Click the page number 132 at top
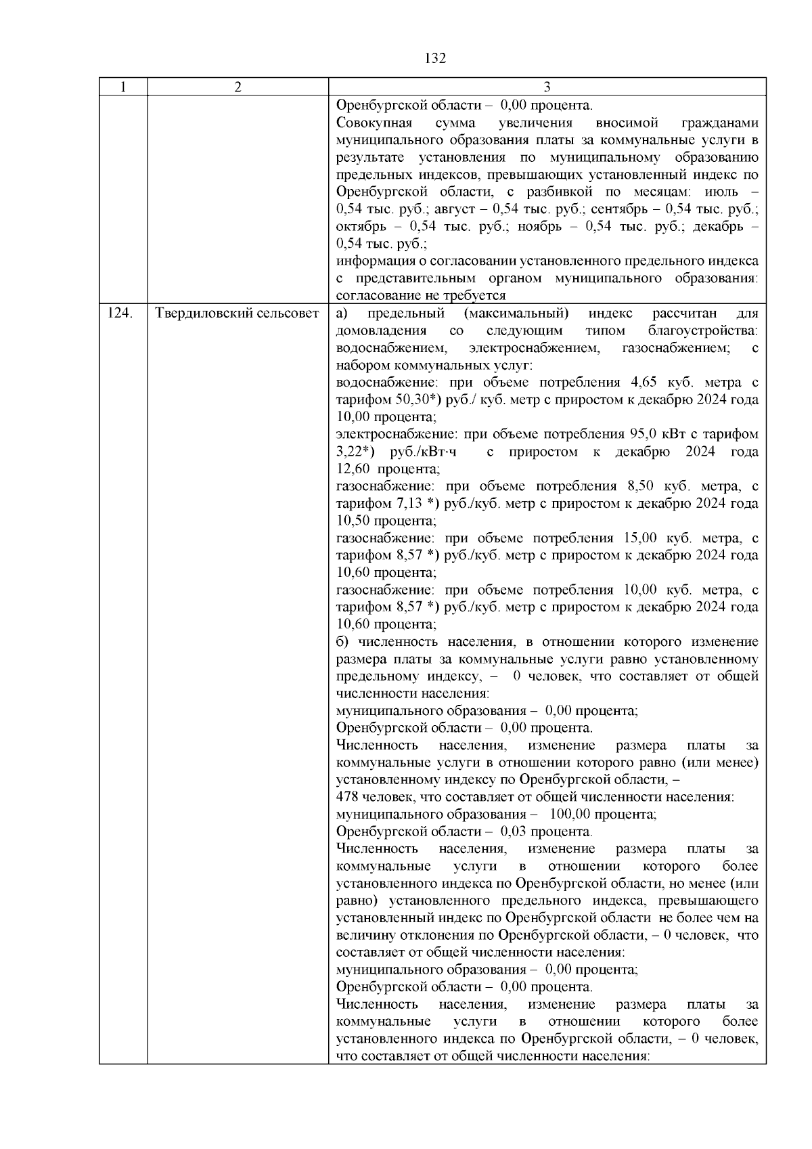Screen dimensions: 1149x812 [436, 58]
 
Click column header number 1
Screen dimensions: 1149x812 [123, 87]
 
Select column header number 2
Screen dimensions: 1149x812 [238, 87]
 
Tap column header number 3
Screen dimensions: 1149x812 [547, 87]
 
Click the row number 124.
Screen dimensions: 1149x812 [120, 313]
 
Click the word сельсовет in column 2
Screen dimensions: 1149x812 [287, 313]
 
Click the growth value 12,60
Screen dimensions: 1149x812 [353, 469]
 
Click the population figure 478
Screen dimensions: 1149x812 [347, 797]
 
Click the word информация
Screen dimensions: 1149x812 [376, 261]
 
